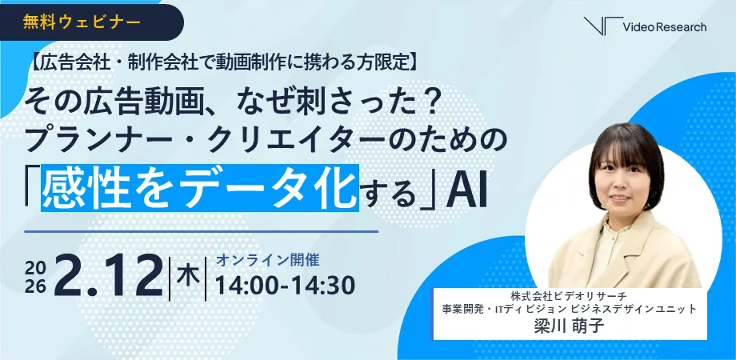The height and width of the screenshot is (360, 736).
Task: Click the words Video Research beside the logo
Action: [x=665, y=27]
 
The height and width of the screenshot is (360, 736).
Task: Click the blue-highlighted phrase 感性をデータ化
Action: [x=199, y=187]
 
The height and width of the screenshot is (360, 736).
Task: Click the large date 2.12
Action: [x=109, y=277]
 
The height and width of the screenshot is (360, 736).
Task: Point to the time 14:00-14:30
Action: [x=285, y=286]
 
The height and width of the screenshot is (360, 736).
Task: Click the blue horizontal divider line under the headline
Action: [x=202, y=231]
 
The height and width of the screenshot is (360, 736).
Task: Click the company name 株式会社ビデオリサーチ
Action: [x=570, y=297]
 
